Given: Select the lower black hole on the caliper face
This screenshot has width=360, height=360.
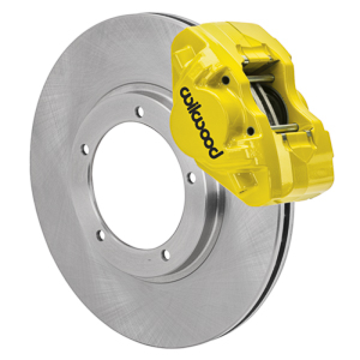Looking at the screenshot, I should click(x=250, y=131).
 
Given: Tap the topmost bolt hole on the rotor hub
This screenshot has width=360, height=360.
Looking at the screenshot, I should click(x=140, y=109).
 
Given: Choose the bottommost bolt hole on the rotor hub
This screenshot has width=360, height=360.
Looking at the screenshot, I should click(x=166, y=255).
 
